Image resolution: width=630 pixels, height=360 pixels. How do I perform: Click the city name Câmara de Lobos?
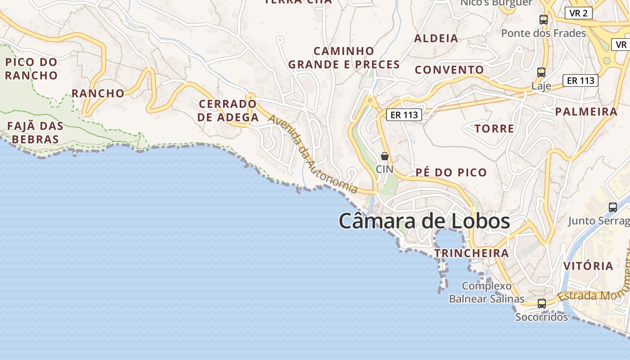[x=424, y=221]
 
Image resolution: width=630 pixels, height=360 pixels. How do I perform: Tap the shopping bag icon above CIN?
[x=385, y=157]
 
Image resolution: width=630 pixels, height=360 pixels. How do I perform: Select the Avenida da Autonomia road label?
[x=313, y=154]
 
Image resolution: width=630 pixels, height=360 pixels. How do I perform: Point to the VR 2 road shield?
[x=578, y=13]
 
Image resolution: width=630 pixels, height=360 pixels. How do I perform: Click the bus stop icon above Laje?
[x=541, y=72]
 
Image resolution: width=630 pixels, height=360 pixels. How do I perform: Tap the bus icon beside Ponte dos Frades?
[x=544, y=20]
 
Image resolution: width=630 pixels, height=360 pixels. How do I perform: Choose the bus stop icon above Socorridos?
[x=542, y=304]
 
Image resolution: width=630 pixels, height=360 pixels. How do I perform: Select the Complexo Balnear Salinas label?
[x=487, y=292]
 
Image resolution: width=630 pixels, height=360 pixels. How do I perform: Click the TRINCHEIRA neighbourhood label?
[x=472, y=253]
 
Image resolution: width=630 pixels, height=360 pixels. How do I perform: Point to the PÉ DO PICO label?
[x=451, y=172]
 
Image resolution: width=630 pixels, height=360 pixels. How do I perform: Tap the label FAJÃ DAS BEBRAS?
[x=35, y=132]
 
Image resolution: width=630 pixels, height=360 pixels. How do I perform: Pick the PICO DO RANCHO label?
[x=31, y=68]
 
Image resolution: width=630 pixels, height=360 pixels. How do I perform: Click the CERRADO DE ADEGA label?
[x=229, y=111]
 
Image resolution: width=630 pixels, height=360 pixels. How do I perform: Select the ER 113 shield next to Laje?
[x=580, y=81]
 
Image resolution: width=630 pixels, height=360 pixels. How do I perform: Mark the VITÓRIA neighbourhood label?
[x=588, y=266]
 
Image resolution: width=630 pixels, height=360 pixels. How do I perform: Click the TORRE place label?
[x=494, y=129]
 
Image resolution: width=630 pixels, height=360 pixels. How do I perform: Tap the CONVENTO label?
[x=449, y=70]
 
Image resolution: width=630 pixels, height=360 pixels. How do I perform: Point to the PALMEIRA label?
[x=586, y=112]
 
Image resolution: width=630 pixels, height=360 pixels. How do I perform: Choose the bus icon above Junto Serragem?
[x=612, y=207]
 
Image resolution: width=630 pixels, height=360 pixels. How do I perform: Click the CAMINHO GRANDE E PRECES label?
[x=344, y=58]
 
